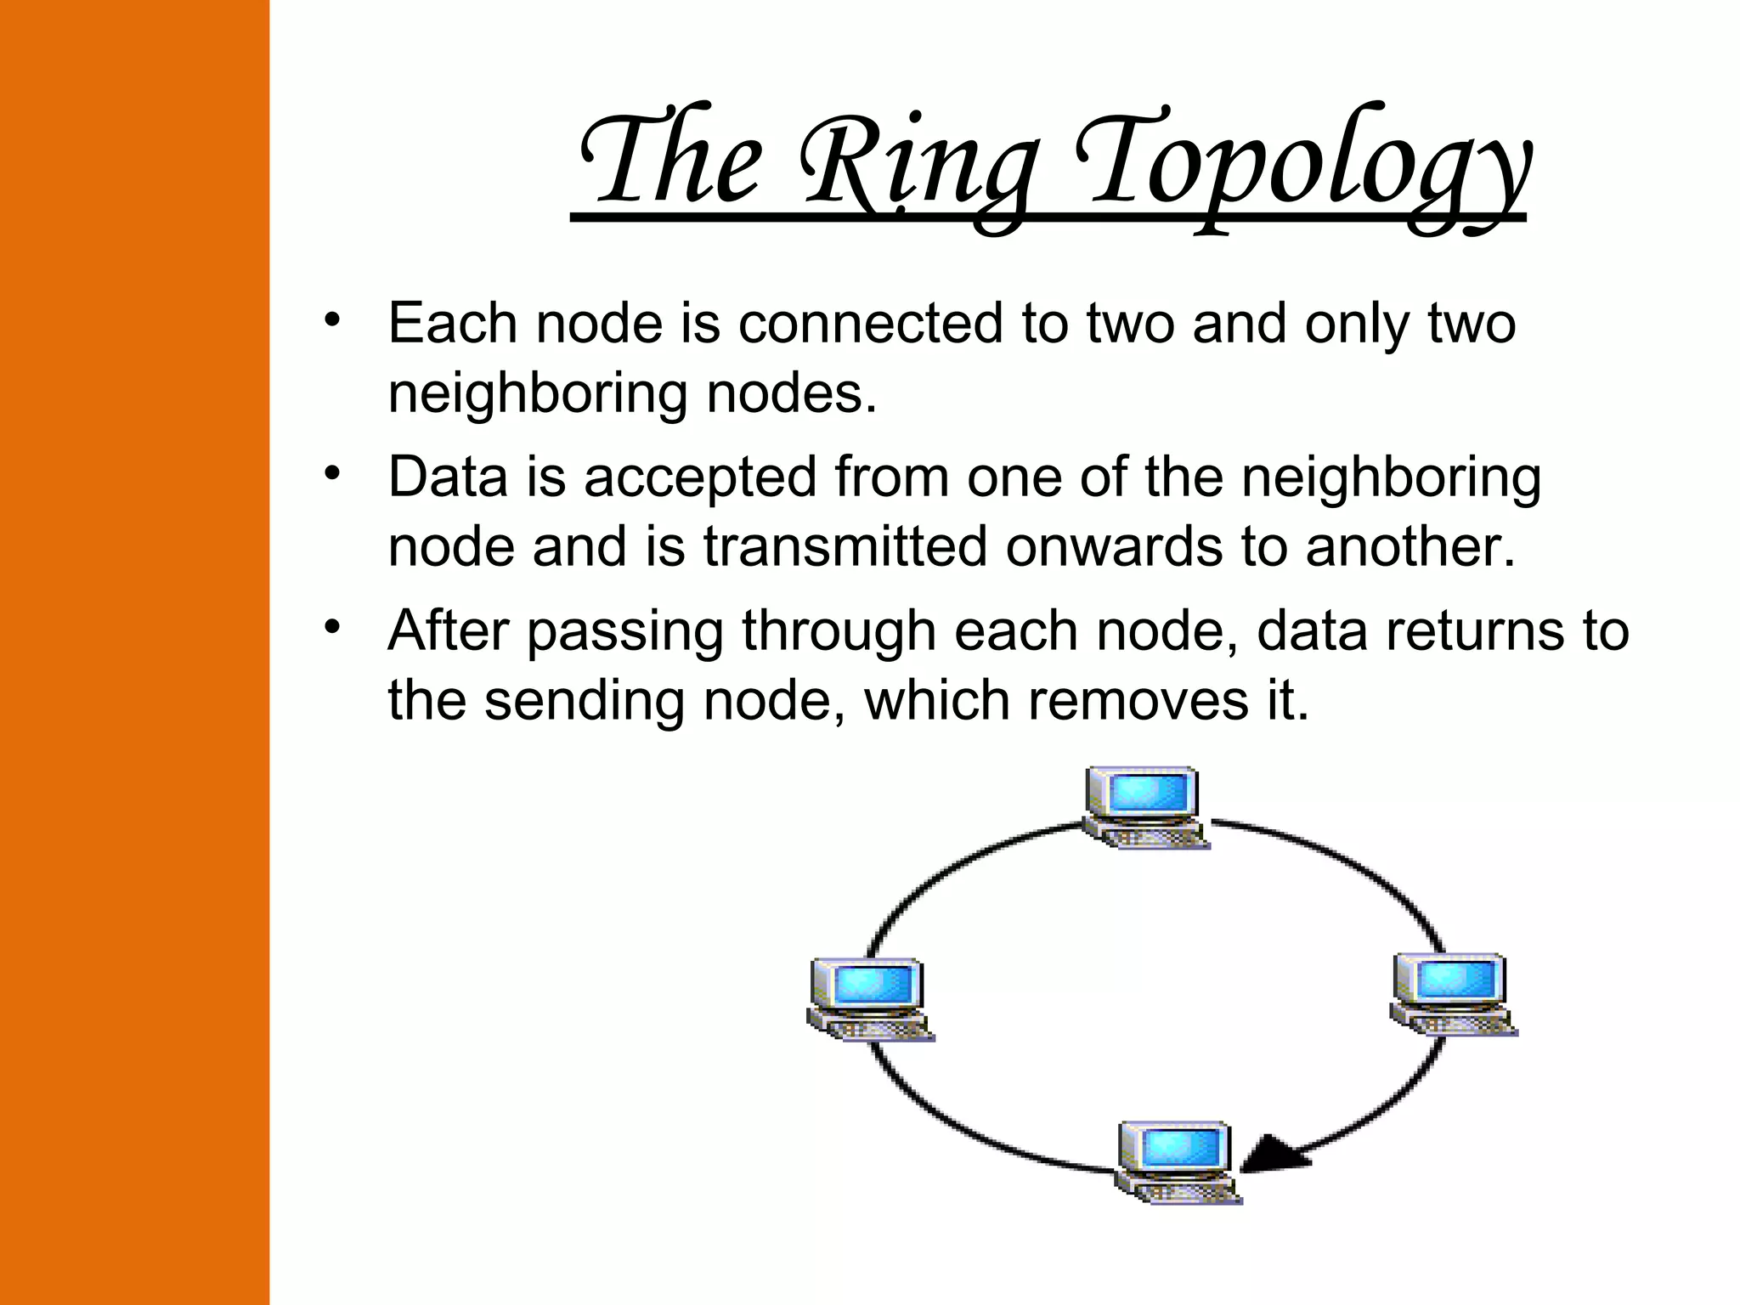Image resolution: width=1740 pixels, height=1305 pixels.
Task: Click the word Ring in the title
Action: [x=918, y=166]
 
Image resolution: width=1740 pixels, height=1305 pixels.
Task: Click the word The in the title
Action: [x=671, y=161]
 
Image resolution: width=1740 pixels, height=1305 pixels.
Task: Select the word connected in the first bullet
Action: [x=871, y=324]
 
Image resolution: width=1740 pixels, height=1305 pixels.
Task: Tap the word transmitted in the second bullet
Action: [x=845, y=546]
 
